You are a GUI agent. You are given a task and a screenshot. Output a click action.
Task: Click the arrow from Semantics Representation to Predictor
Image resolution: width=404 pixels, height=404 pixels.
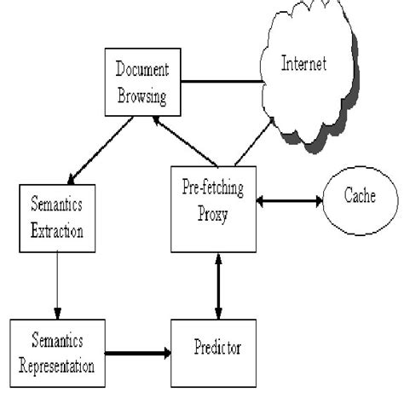click(x=137, y=349)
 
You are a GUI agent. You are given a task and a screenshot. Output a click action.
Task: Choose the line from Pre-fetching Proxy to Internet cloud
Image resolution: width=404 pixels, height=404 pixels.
click(x=253, y=143)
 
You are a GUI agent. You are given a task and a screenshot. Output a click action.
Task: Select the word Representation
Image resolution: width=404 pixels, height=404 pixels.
click(x=57, y=358)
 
